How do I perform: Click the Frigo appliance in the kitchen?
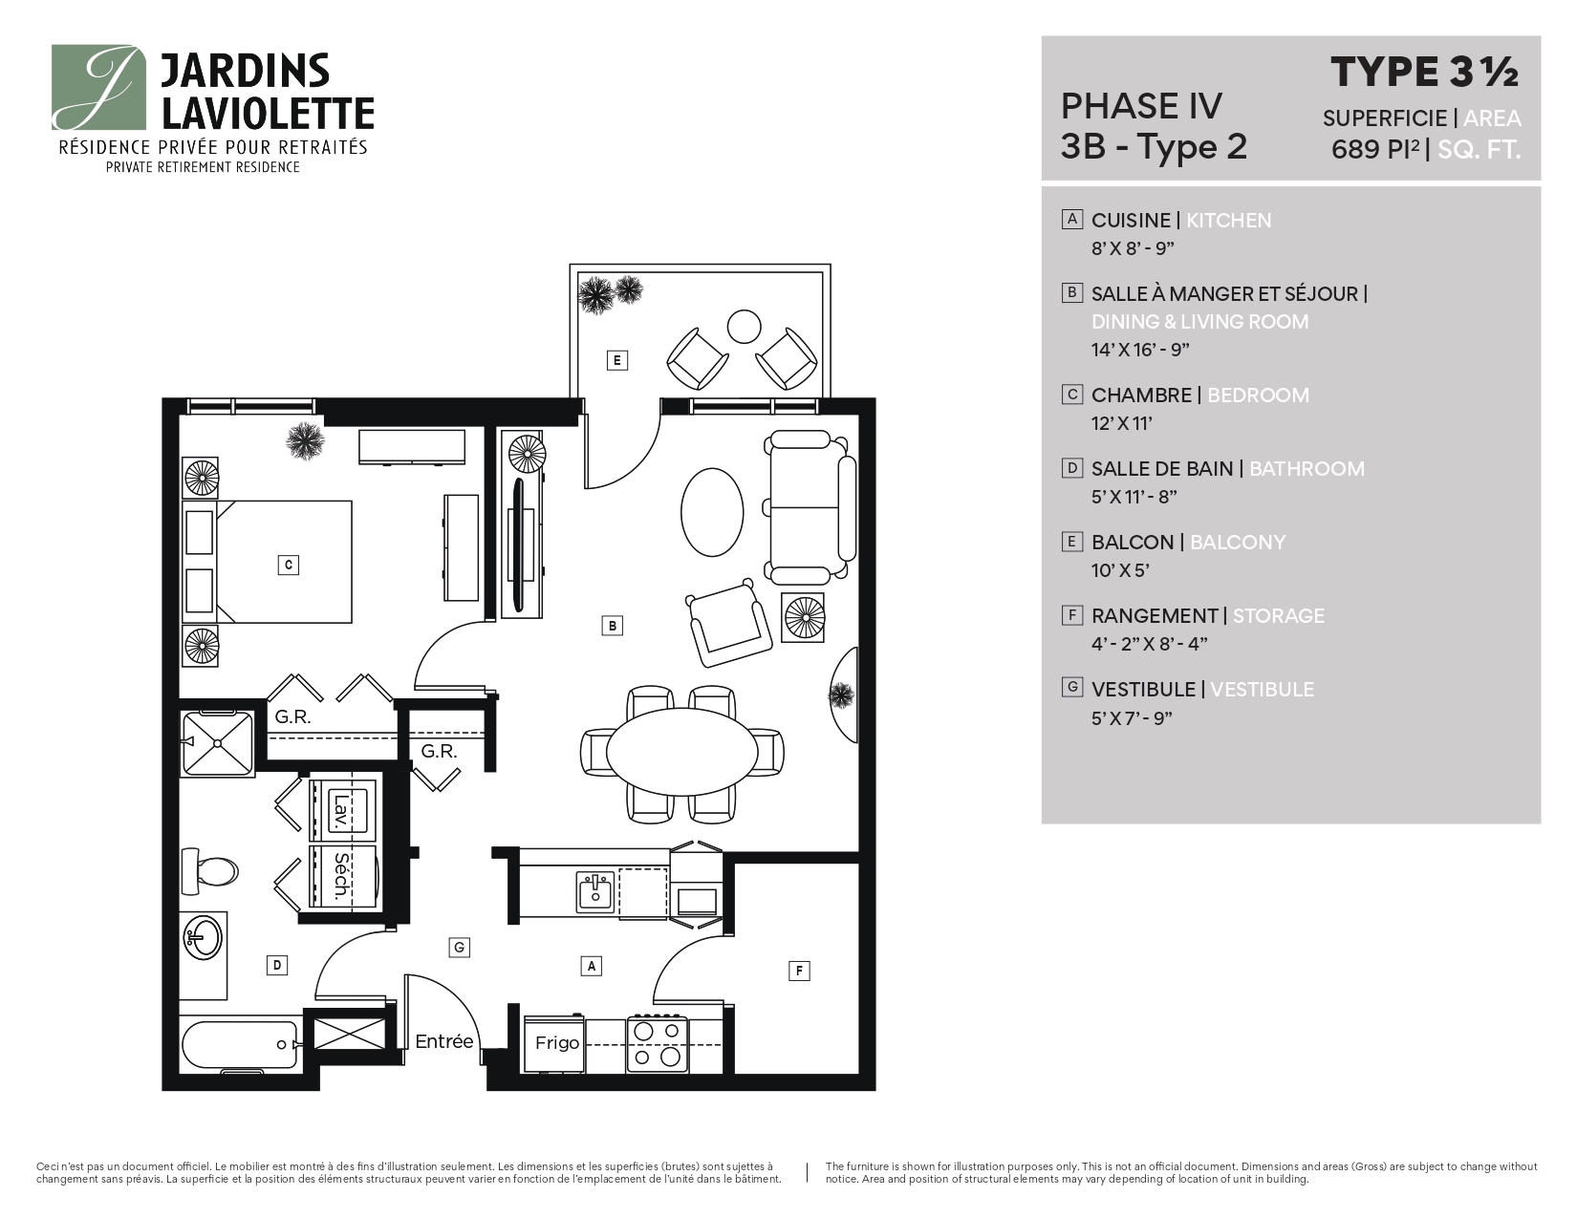pos(555,1043)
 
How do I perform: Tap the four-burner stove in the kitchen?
pos(658,1043)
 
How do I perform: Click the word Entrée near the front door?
pos(444,1041)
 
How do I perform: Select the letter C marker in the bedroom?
pos(288,565)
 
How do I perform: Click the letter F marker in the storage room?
pos(799,972)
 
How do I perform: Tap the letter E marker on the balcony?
pos(617,360)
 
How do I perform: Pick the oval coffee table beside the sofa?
pos(712,510)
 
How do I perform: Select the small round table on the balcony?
pos(744,327)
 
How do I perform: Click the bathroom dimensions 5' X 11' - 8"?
pos(1134,497)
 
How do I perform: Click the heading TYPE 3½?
pos(1424,72)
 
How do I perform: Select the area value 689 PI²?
pos(1375,150)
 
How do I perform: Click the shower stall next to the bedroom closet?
pos(219,743)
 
